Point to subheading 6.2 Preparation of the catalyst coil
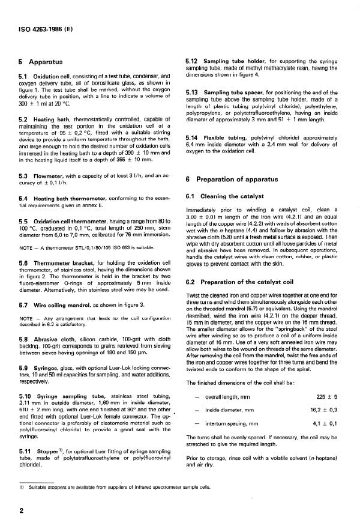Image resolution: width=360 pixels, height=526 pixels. (x=245, y=266)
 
